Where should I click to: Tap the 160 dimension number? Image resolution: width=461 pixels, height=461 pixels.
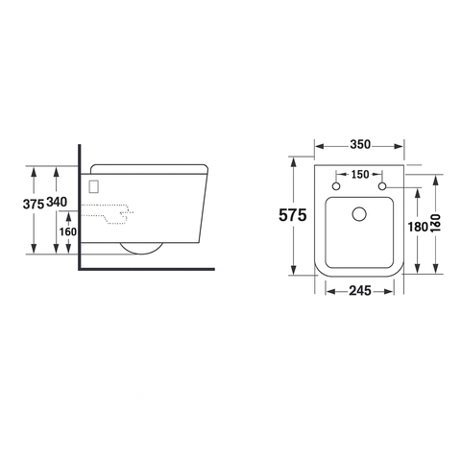coord(66,231)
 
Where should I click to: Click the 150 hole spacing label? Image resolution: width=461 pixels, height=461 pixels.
coord(360,174)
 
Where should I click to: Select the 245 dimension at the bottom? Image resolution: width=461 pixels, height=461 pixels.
coord(360,287)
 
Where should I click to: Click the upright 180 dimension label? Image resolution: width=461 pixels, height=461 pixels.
coord(416,228)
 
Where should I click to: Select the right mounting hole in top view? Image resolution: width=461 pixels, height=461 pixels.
coord(383,184)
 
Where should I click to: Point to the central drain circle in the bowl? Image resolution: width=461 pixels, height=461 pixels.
coord(360,214)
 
